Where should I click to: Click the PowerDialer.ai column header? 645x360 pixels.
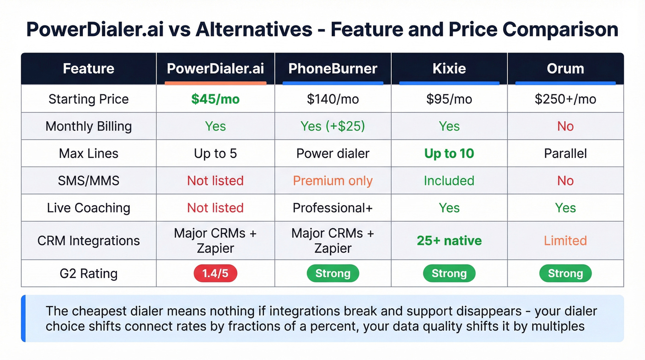(x=215, y=69)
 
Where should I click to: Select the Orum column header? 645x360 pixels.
(x=565, y=69)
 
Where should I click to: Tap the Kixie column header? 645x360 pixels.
(x=449, y=69)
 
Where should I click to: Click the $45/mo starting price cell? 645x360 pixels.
(x=215, y=99)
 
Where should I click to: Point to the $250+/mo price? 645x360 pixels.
(x=565, y=99)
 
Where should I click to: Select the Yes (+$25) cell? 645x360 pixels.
(x=333, y=126)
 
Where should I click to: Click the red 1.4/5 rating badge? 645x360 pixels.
(x=215, y=273)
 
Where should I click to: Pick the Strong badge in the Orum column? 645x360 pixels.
(x=565, y=273)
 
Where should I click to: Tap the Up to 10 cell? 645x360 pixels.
(x=449, y=153)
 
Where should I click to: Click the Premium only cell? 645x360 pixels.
(x=333, y=181)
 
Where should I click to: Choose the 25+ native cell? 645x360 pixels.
(x=449, y=241)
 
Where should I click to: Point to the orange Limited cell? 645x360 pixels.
(x=565, y=241)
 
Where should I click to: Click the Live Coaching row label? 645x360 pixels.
(x=88, y=208)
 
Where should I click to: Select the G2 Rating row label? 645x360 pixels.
(x=88, y=273)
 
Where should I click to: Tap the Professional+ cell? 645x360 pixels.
(x=333, y=208)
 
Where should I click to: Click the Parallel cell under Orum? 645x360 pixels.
(x=565, y=153)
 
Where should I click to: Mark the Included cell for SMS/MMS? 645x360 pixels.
(x=449, y=181)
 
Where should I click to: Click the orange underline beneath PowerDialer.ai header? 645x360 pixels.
(x=215, y=83)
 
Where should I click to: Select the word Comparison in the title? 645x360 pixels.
(x=560, y=30)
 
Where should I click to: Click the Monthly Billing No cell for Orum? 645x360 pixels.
(x=565, y=126)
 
